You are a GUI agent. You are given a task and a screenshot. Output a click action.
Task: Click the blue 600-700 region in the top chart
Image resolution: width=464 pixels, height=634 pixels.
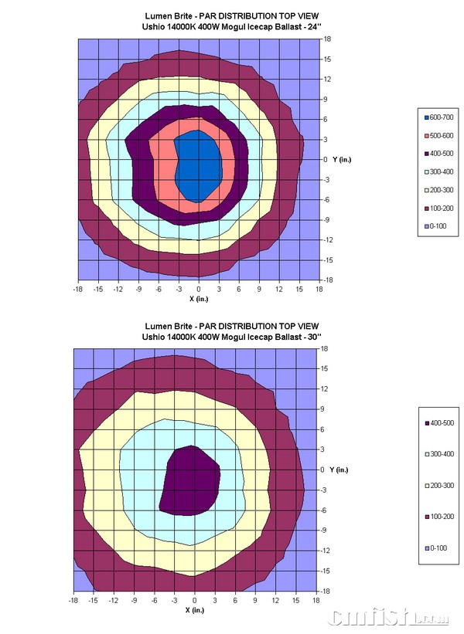[197, 165]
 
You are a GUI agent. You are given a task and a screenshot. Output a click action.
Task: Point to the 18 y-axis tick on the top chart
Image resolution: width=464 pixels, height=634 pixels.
[327, 38]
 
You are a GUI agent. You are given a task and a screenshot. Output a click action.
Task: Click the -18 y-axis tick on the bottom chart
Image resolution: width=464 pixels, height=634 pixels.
[326, 591]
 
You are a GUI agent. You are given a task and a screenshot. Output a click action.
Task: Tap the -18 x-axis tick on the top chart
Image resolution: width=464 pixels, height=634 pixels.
[78, 289]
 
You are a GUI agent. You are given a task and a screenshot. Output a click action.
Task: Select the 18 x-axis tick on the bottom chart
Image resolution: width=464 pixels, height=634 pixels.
[316, 600]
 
